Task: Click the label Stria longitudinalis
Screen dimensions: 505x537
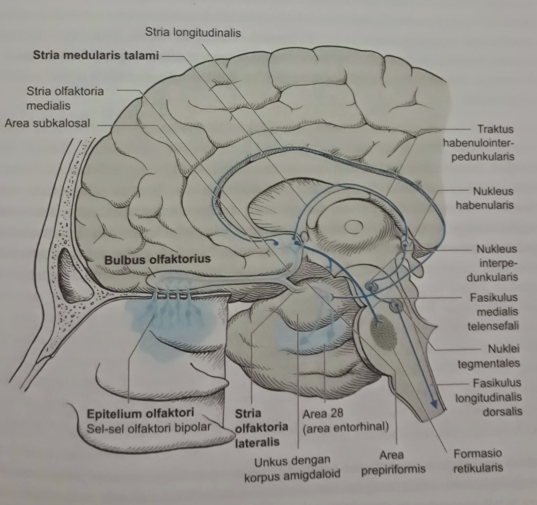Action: pyautogui.click(x=193, y=33)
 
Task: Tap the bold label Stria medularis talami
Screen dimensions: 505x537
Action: pyautogui.click(x=96, y=55)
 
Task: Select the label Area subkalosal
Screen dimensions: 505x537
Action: pyautogui.click(x=47, y=123)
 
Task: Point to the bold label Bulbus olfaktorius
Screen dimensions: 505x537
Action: pyautogui.click(x=157, y=259)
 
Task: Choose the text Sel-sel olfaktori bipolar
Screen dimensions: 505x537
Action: pyautogui.click(x=149, y=427)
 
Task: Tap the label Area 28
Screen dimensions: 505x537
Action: pyautogui.click(x=323, y=413)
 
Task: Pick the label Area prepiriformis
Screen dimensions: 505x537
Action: pyautogui.click(x=393, y=462)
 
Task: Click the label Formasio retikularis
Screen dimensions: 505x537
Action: pyautogui.click(x=478, y=461)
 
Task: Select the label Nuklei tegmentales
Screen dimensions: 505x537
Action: pyautogui.click(x=489, y=356)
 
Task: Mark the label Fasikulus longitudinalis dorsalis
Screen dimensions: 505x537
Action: pyautogui.click(x=489, y=397)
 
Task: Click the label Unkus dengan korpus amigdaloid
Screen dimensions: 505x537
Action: pyautogui.click(x=292, y=468)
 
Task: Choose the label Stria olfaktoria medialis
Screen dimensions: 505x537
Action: pyautogui.click(x=65, y=98)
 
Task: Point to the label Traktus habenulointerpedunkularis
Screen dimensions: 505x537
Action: pyautogui.click(x=478, y=143)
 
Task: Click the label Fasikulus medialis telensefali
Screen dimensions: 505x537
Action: pyautogui.click(x=493, y=311)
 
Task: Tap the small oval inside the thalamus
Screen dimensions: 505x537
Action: pyautogui.click(x=354, y=228)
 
